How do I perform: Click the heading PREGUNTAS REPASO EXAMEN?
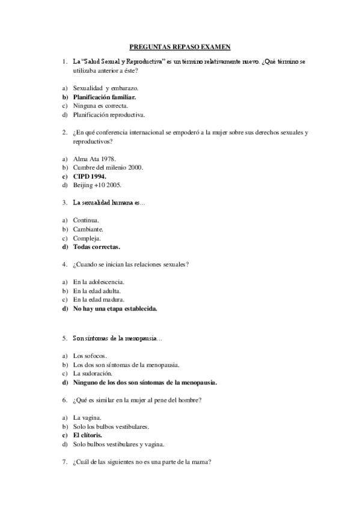pyautogui.click(x=180, y=46)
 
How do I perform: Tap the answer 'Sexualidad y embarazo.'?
pyautogui.click(x=105, y=88)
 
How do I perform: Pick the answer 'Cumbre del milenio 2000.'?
pyautogui.click(x=108, y=167)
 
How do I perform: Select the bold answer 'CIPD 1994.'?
pyautogui.click(x=90, y=176)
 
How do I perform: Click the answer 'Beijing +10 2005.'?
pyautogui.click(x=97, y=185)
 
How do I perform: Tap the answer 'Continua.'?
pyautogui.click(x=86, y=220)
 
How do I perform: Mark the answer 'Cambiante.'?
pyautogui.click(x=88, y=229)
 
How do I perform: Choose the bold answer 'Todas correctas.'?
pyautogui.click(x=96, y=247)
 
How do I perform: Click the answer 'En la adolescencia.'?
pyautogui.click(x=99, y=281)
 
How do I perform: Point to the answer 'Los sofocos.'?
pyautogui.click(x=90, y=356)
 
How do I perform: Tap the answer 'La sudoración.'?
pyautogui.click(x=93, y=373)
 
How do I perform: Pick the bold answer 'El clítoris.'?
pyautogui.click(x=88, y=435)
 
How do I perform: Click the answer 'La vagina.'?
pyautogui.click(x=87, y=417)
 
